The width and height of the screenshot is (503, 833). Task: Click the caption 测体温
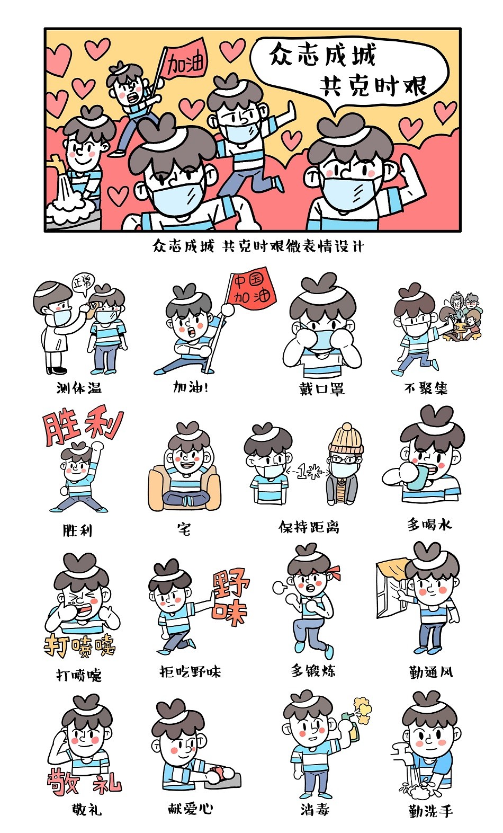coord(79,388)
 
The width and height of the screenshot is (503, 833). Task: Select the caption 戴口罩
coord(322,388)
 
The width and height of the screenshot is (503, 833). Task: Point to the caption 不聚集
coord(426,388)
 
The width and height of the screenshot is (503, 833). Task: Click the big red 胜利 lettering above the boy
coord(83,424)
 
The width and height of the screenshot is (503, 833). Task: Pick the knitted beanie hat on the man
coord(346,439)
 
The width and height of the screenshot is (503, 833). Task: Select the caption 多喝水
coord(429,525)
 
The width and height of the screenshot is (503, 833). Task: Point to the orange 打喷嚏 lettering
coord(79,646)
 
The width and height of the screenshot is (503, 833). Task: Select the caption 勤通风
coord(431,672)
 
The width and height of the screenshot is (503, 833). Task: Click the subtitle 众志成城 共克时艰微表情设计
coord(258,246)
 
